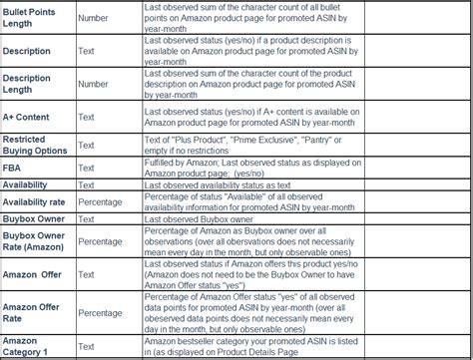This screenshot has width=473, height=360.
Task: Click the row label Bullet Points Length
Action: (29, 17)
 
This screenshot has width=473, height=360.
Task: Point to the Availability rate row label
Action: (37, 202)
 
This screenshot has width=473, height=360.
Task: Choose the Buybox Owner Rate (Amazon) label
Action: (35, 241)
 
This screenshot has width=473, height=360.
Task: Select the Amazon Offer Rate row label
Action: (31, 313)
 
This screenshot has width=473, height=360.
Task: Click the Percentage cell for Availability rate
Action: (101, 202)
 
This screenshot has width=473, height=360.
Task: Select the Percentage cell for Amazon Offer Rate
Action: (101, 313)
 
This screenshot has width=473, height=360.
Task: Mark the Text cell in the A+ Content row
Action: (87, 117)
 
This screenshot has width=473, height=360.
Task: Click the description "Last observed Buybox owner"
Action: (207, 219)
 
